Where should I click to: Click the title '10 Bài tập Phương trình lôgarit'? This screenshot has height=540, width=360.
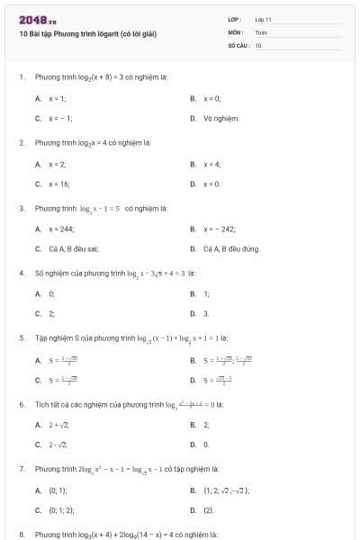pos(87,34)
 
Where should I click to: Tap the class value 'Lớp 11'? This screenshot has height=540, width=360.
pos(263,19)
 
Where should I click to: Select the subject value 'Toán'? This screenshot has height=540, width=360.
pos(261,31)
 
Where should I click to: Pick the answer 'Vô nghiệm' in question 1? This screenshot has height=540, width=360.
pos(220,118)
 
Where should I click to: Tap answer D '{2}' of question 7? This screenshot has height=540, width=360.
pos(208,509)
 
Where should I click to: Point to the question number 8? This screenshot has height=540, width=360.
pos(21,534)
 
